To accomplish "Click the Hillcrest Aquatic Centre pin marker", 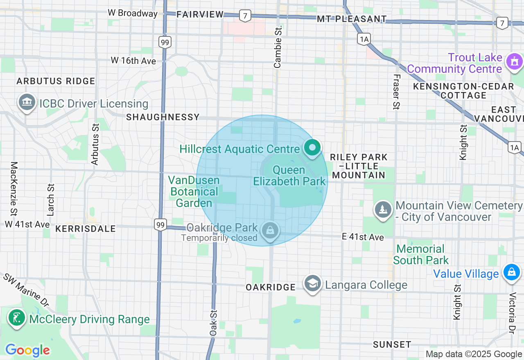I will click(x=312, y=147).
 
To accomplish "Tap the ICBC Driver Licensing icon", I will click(x=27, y=103).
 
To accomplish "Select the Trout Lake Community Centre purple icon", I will click(x=514, y=62).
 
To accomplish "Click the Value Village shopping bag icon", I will click(x=511, y=272).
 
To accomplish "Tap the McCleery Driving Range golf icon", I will click(x=17, y=318).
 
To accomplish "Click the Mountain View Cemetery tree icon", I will click(x=382, y=210).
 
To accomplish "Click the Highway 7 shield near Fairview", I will click(x=245, y=16).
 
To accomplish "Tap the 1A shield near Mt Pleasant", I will click(x=364, y=39).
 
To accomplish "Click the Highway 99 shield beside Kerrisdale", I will click(x=160, y=225).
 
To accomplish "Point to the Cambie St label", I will click(x=278, y=47).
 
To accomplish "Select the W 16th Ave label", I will click(x=133, y=61).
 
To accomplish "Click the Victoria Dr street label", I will click(x=512, y=313).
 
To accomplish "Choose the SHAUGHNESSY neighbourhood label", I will click(x=163, y=117).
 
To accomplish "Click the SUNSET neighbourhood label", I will click(x=392, y=344).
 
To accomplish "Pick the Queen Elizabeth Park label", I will click(x=289, y=175).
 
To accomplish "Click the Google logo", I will click(x=27, y=350).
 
